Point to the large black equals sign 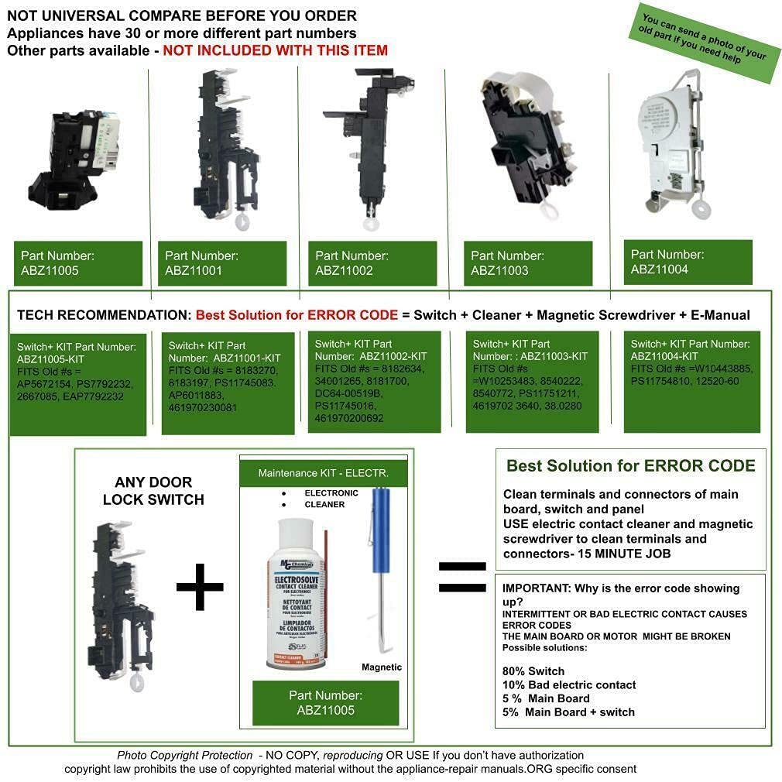coord(461,576)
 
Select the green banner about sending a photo coord(703,43)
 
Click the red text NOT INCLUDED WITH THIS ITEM coord(275,50)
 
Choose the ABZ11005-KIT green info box coord(78,383)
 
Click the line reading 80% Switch coord(533,671)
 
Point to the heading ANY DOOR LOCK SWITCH coord(153,491)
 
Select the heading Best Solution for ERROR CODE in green coord(630,466)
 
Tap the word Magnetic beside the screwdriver coord(382,667)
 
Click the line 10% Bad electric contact coord(569,684)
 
